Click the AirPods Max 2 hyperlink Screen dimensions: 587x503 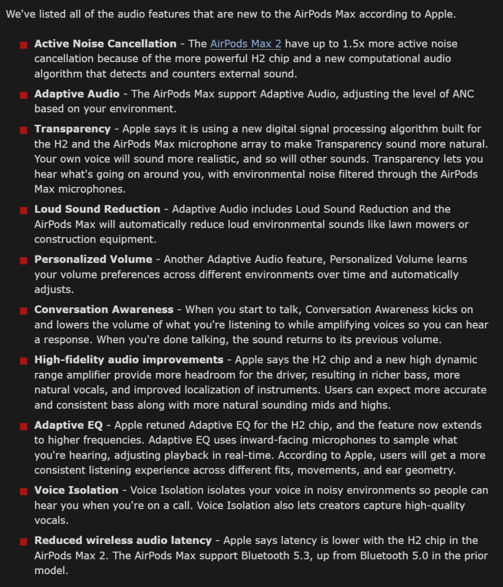(245, 44)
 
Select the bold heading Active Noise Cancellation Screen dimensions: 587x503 (105, 44)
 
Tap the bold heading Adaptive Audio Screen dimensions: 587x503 (77, 94)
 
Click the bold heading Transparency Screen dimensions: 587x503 (72, 129)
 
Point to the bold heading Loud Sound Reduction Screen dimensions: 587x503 (97, 209)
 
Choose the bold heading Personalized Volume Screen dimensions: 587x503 (93, 259)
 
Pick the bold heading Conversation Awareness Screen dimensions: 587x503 (103, 309)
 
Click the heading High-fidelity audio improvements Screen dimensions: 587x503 (129, 359)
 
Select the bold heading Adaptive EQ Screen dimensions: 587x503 (68, 425)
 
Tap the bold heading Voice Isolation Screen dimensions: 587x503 (76, 490)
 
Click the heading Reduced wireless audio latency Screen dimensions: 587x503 (123, 541)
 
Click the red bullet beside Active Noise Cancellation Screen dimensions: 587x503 (23, 45)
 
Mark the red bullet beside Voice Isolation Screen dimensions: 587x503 (23, 491)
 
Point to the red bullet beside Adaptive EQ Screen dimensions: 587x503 (23, 427)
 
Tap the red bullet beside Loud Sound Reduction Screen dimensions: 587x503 (23, 210)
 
